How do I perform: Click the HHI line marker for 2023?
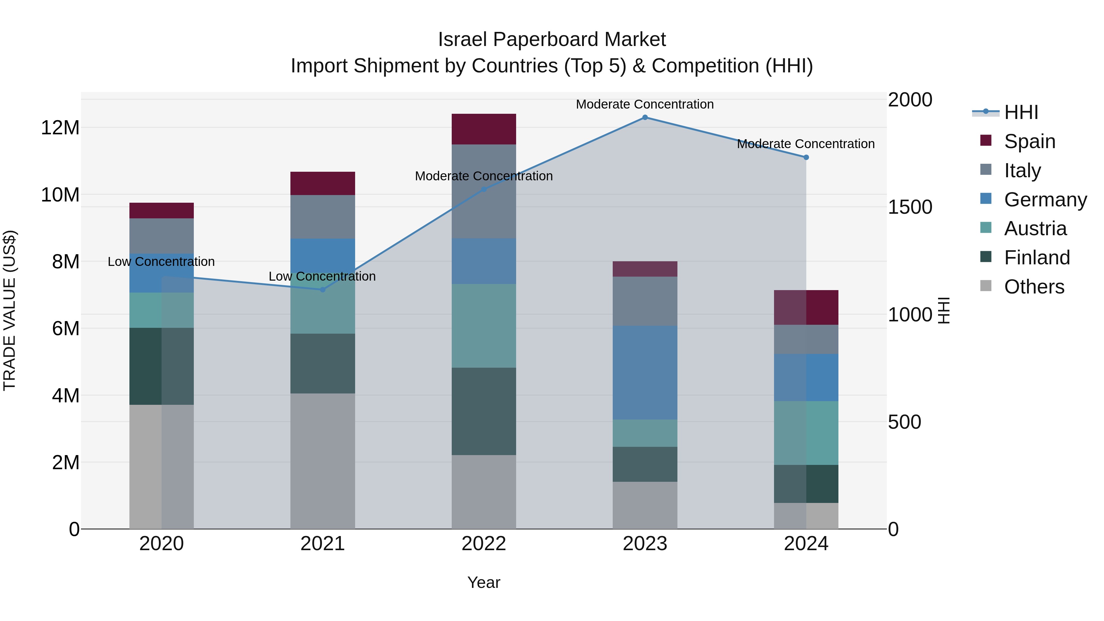pyautogui.click(x=645, y=117)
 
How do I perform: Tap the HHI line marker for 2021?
pyautogui.click(x=323, y=290)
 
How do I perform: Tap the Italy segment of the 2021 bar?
pyautogui.click(x=323, y=217)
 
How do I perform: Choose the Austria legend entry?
pyautogui.click(x=1035, y=228)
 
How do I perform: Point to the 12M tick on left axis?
pyautogui.click(x=60, y=128)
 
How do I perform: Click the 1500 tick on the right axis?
pyautogui.click(x=910, y=207)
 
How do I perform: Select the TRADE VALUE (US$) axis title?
pyautogui.click(x=10, y=310)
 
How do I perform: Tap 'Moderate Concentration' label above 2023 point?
pyautogui.click(x=645, y=104)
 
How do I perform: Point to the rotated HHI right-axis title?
pyautogui.click(x=944, y=310)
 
